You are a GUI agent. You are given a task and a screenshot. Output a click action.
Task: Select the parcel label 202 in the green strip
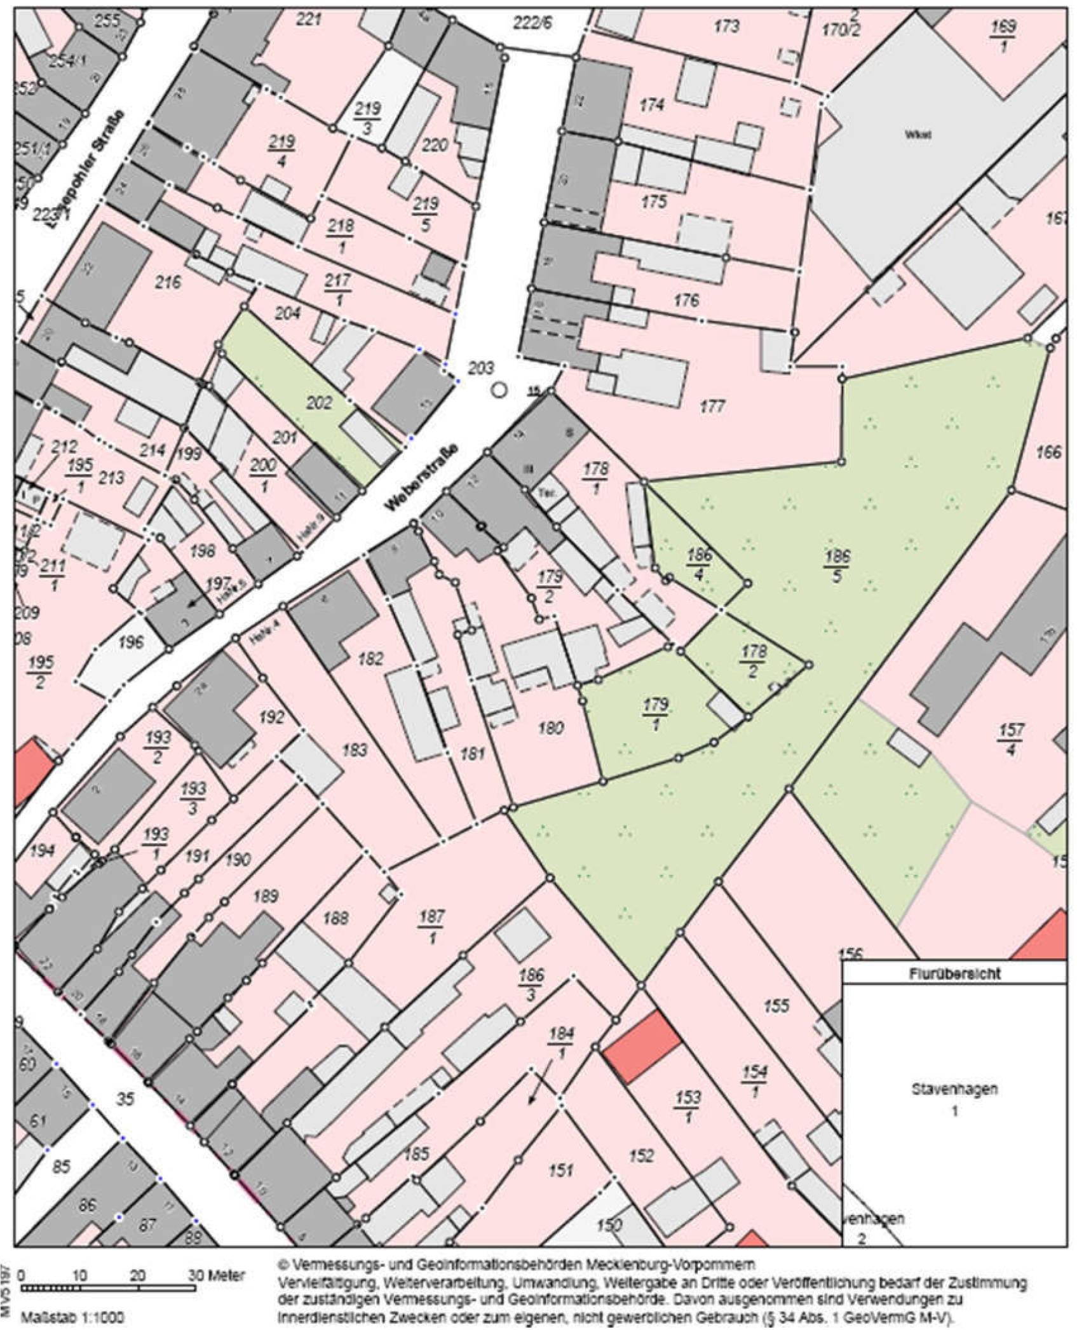319,403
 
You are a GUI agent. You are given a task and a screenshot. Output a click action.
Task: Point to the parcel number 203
480,368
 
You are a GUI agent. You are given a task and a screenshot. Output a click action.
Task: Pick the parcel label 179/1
656,713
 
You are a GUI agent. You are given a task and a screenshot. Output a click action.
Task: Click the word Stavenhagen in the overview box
954,1089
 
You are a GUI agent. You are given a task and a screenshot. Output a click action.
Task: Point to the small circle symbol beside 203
500,390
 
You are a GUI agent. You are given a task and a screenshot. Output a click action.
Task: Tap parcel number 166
1048,452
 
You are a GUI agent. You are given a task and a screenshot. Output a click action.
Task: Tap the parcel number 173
726,26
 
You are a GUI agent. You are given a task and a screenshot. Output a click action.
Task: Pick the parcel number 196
131,642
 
